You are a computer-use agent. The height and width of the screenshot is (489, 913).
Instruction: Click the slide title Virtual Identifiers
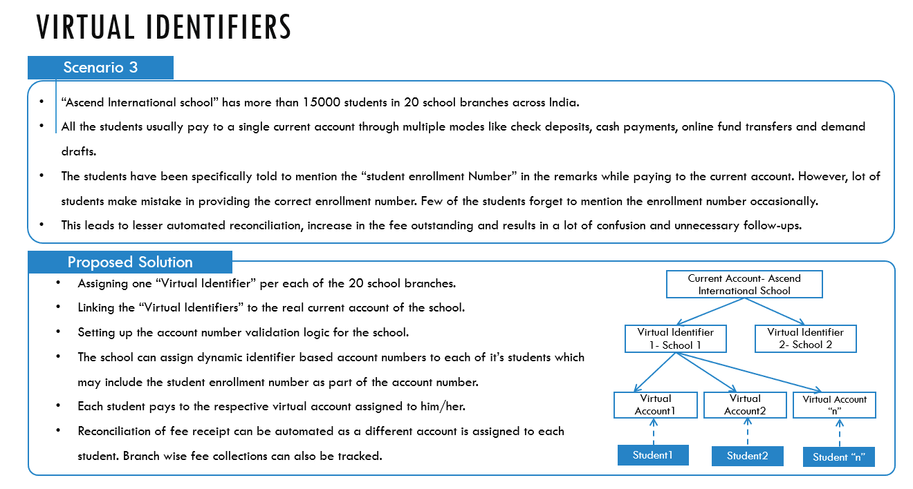(x=164, y=27)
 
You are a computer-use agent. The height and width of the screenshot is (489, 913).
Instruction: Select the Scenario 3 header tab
(x=100, y=67)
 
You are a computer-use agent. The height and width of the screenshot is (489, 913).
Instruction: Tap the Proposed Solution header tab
(x=130, y=262)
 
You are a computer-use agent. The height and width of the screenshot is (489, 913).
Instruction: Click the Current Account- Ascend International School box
(x=744, y=285)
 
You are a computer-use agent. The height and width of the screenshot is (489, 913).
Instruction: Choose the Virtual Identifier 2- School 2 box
(x=805, y=338)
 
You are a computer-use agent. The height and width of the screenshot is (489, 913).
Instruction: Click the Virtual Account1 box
(x=655, y=405)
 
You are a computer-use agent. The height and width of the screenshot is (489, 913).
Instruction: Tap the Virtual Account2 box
(x=745, y=405)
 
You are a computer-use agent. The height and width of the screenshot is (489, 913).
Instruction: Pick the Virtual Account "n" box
(x=834, y=405)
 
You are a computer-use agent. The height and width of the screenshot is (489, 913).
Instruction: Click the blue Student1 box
(x=653, y=455)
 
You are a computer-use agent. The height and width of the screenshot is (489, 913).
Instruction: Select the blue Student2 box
(x=748, y=456)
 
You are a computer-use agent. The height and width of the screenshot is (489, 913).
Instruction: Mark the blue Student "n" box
(x=838, y=457)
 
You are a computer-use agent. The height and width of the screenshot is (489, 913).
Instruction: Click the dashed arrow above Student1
(x=654, y=432)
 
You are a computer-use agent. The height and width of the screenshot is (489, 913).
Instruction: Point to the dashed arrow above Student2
(x=748, y=432)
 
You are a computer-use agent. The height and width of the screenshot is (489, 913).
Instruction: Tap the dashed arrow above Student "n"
(x=839, y=433)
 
